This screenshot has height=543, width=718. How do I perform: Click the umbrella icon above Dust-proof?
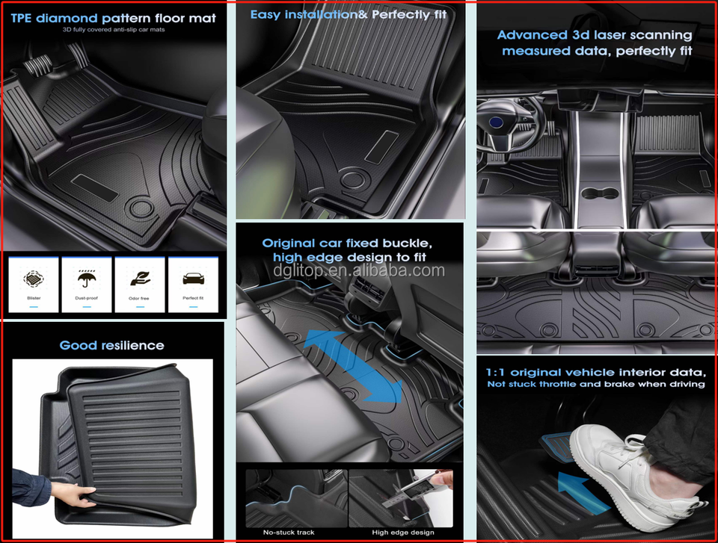point(87,278)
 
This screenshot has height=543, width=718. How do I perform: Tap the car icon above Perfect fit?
point(193,278)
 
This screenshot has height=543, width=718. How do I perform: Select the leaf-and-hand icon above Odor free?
point(140,278)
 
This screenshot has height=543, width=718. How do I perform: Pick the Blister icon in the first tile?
point(34,278)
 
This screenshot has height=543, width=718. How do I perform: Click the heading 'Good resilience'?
point(111,345)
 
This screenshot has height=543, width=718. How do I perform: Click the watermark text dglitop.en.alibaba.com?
point(359,270)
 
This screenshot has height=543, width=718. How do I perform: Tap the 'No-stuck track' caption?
point(289,532)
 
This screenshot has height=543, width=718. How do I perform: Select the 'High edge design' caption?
point(403,532)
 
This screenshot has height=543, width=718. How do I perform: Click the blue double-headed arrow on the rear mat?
point(352,366)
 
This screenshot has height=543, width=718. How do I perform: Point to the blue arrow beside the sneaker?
point(583,493)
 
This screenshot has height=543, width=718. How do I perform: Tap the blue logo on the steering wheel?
point(496,122)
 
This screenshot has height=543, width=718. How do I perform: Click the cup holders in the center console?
point(600,194)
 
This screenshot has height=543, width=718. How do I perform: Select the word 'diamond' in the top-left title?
point(67,18)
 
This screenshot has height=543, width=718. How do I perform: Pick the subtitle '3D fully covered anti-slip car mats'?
point(114,30)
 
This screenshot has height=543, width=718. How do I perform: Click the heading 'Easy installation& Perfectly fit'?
point(348,15)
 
